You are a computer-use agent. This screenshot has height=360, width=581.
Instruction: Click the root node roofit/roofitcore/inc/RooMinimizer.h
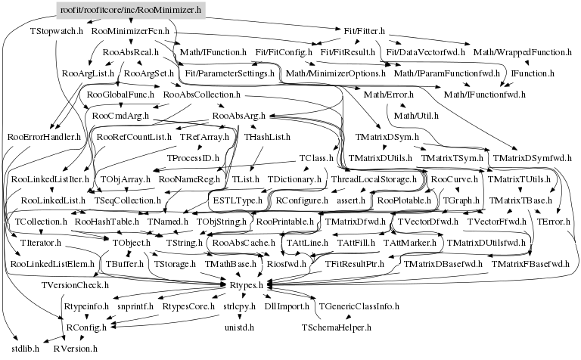pos(129,11)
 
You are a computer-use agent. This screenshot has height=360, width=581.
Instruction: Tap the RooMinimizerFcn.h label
pos(129,32)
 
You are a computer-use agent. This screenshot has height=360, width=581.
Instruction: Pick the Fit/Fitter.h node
pos(362,32)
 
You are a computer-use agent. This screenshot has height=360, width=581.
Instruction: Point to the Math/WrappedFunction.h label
pos(521,53)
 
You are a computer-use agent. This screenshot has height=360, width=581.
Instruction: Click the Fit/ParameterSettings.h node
pos(230,74)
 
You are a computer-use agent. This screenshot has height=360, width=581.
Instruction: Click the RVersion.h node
pos(76,349)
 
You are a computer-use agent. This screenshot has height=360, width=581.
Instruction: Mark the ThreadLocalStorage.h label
pos(374,180)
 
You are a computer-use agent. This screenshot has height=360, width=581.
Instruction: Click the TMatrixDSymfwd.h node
pos(532,159)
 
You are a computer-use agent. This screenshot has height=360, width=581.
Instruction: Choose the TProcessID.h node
pos(193,159)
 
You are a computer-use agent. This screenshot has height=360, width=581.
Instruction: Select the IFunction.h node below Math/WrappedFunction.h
pos(533,74)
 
